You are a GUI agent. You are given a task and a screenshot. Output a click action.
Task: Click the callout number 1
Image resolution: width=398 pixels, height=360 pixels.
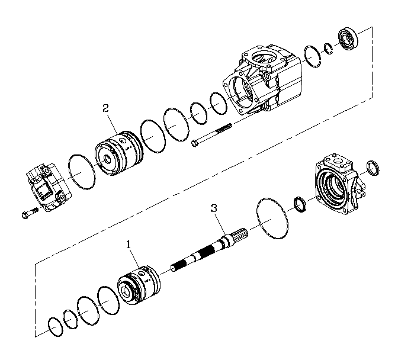(x=129, y=243)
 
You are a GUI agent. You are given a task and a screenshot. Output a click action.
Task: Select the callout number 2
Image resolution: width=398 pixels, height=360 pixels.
(x=105, y=108)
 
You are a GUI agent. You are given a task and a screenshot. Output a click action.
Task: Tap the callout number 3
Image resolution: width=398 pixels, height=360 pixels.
(x=214, y=208)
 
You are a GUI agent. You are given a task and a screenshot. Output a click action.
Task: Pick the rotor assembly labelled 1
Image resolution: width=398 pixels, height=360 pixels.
(x=138, y=284)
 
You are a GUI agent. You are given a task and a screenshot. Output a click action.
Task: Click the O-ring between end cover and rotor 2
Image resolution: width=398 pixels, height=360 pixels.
(x=81, y=172)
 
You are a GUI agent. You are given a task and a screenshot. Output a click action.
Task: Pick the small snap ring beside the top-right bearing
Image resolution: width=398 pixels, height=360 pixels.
(x=328, y=49)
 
